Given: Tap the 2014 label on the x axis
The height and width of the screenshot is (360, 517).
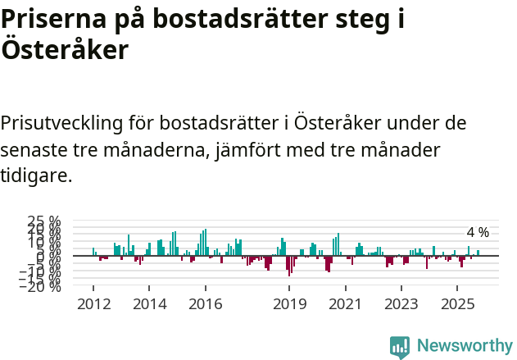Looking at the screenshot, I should point(149,304).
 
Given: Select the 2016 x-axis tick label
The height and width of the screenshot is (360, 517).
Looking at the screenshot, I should point(205,304).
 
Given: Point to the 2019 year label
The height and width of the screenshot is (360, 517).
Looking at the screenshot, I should point(289,304).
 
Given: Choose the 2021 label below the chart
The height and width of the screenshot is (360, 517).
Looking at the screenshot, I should point(345,304).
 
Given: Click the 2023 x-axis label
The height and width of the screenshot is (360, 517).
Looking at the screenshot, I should point(401,304).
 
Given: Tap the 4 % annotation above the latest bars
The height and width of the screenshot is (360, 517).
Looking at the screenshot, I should point(478,232).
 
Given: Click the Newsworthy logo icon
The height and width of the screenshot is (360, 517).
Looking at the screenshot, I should point(400,346).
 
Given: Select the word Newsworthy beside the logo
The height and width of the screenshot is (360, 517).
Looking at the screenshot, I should point(464,346).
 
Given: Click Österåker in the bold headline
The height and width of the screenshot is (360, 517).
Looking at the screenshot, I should point(65,49).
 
